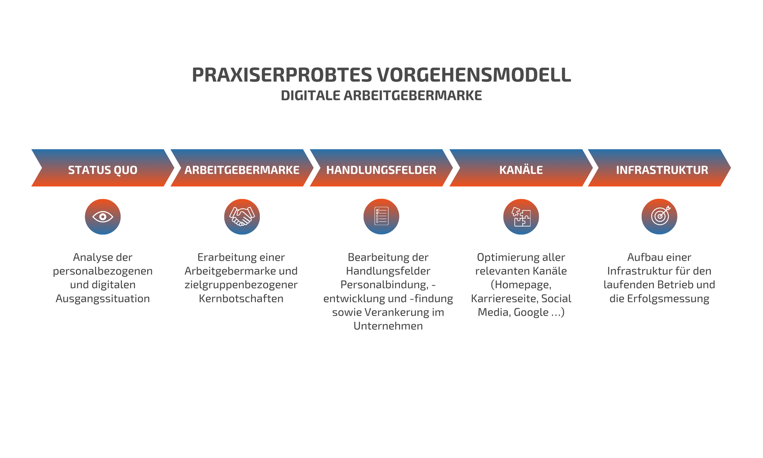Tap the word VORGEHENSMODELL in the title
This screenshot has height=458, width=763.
click(474, 75)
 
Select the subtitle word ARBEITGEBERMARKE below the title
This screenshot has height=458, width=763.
click(412, 95)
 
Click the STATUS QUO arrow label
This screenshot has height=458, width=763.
click(103, 170)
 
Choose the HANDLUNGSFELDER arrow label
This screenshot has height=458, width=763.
click(381, 170)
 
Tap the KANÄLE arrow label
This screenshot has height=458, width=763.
click(521, 170)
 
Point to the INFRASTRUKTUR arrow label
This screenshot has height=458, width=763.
click(662, 170)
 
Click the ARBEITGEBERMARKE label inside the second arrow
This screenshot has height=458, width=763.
click(242, 170)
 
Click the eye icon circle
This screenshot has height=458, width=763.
click(103, 217)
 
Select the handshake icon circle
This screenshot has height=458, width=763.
click(242, 217)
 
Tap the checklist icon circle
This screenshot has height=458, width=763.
click(381, 217)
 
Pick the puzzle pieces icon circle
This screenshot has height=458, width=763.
click(521, 217)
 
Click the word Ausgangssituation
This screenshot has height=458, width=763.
click(103, 299)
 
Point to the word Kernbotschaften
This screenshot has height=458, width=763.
click(241, 299)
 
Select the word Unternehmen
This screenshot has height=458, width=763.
click(388, 326)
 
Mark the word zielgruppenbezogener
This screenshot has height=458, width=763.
click(241, 285)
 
